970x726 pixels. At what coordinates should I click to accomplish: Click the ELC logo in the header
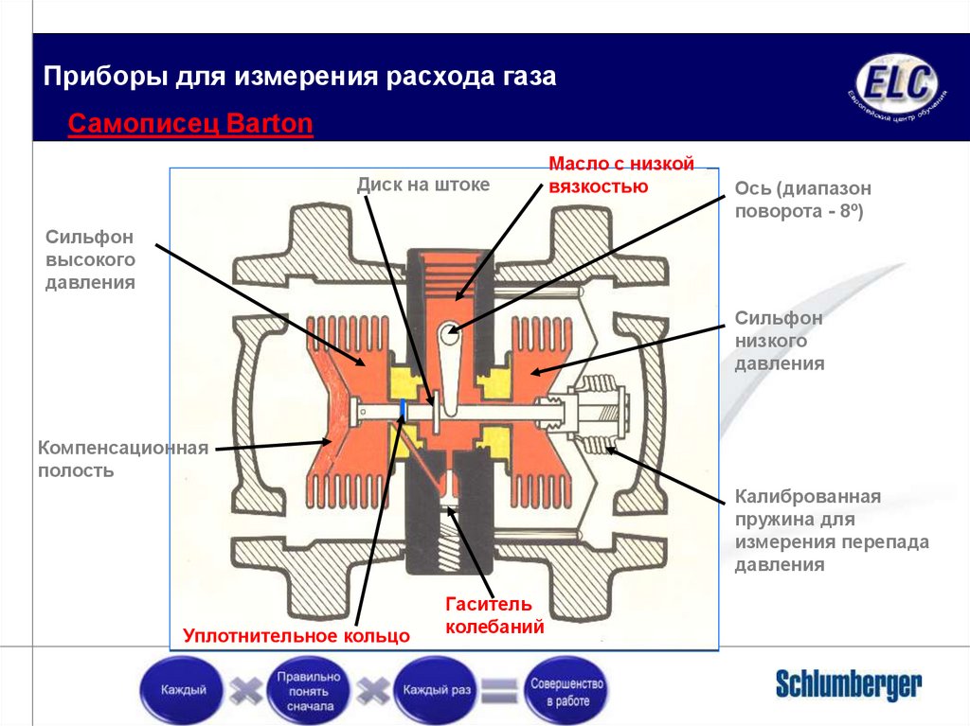[895, 86]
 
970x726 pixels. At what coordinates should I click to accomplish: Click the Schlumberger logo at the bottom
[848, 683]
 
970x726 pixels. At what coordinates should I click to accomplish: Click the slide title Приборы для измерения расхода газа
[300, 77]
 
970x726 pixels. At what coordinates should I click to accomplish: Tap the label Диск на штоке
[422, 185]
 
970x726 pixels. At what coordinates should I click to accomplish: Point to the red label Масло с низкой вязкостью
[621, 175]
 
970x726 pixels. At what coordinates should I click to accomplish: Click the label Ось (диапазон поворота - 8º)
[802, 201]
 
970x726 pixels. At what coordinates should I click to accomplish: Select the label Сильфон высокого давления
[90, 258]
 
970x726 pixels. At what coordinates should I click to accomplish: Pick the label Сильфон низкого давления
[779, 341]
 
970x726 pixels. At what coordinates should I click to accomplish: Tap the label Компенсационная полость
[122, 458]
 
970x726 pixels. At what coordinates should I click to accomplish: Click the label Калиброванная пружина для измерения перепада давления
[831, 530]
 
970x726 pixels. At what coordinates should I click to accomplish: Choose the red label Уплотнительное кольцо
[296, 635]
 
